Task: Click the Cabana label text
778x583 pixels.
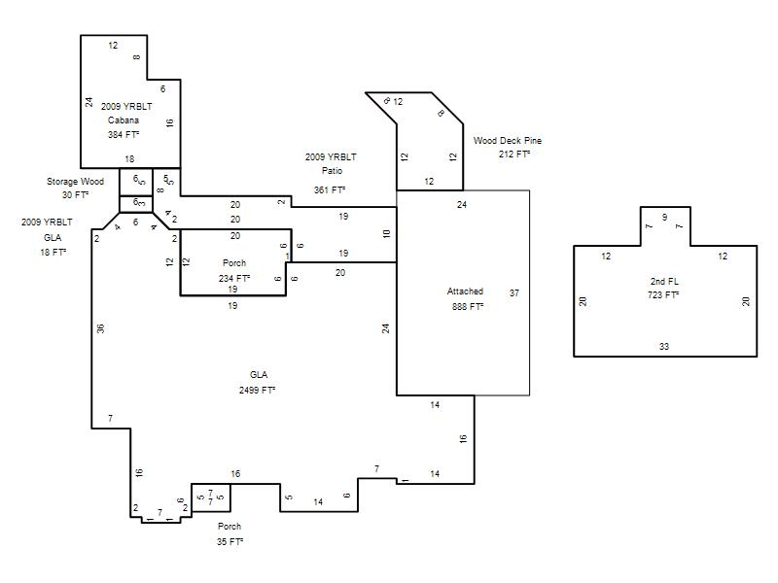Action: (x=124, y=120)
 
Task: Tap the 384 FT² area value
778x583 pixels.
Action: (x=124, y=134)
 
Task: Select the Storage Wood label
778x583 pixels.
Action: (x=76, y=182)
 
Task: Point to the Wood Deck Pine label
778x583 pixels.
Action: (x=507, y=140)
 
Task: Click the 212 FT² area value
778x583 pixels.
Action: (x=514, y=154)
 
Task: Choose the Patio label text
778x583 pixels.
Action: (x=332, y=171)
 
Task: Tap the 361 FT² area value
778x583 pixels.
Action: (x=330, y=189)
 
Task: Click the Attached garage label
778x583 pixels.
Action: (x=465, y=291)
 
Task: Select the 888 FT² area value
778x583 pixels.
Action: (x=468, y=306)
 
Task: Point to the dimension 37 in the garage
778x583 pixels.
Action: (x=514, y=293)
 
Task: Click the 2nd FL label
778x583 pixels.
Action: (x=664, y=281)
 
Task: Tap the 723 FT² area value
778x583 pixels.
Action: (x=663, y=295)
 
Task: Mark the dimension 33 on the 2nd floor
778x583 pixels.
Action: (x=664, y=347)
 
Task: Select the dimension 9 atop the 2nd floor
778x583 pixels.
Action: (x=665, y=217)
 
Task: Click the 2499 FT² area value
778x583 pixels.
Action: (x=257, y=391)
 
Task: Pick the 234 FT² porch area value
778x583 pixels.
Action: (x=234, y=278)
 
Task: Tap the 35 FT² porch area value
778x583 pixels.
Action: (x=230, y=541)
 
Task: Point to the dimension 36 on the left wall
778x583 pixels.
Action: (x=101, y=328)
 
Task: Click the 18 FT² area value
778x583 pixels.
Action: (x=53, y=252)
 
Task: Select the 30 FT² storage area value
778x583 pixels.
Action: (x=76, y=195)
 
